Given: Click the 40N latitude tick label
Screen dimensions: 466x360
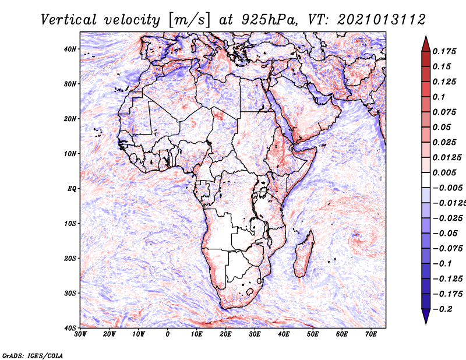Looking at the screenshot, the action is click(70, 49).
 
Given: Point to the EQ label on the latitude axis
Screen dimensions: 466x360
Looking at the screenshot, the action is click(72, 189).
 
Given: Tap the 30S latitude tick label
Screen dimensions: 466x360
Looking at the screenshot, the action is click(70, 294).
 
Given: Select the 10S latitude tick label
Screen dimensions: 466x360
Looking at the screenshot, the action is click(70, 224).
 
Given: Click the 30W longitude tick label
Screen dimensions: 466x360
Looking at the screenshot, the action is click(80, 334).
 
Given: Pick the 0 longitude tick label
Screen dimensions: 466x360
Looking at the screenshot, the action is click(168, 334).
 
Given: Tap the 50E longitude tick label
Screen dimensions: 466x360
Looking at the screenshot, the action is click(313, 334).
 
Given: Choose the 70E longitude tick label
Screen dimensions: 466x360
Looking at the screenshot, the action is click(371, 334).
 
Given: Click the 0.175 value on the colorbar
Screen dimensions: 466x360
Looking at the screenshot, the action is click(444, 52).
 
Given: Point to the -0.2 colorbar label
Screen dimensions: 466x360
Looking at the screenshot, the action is click(442, 309).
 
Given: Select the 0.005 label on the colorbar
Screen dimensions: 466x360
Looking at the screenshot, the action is click(444, 172).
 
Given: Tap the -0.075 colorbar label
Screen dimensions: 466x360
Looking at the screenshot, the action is click(447, 249).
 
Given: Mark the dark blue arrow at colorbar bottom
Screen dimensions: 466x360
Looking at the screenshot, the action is click(426, 316).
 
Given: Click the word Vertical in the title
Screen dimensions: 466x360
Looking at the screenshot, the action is click(68, 20).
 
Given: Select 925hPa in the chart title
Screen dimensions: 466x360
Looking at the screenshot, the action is click(269, 20).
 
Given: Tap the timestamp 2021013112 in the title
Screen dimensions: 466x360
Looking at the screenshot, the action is click(382, 20).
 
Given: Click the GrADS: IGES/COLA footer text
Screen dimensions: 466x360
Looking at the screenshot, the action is click(33, 356).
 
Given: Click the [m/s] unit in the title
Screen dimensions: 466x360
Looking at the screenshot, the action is click(189, 20).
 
